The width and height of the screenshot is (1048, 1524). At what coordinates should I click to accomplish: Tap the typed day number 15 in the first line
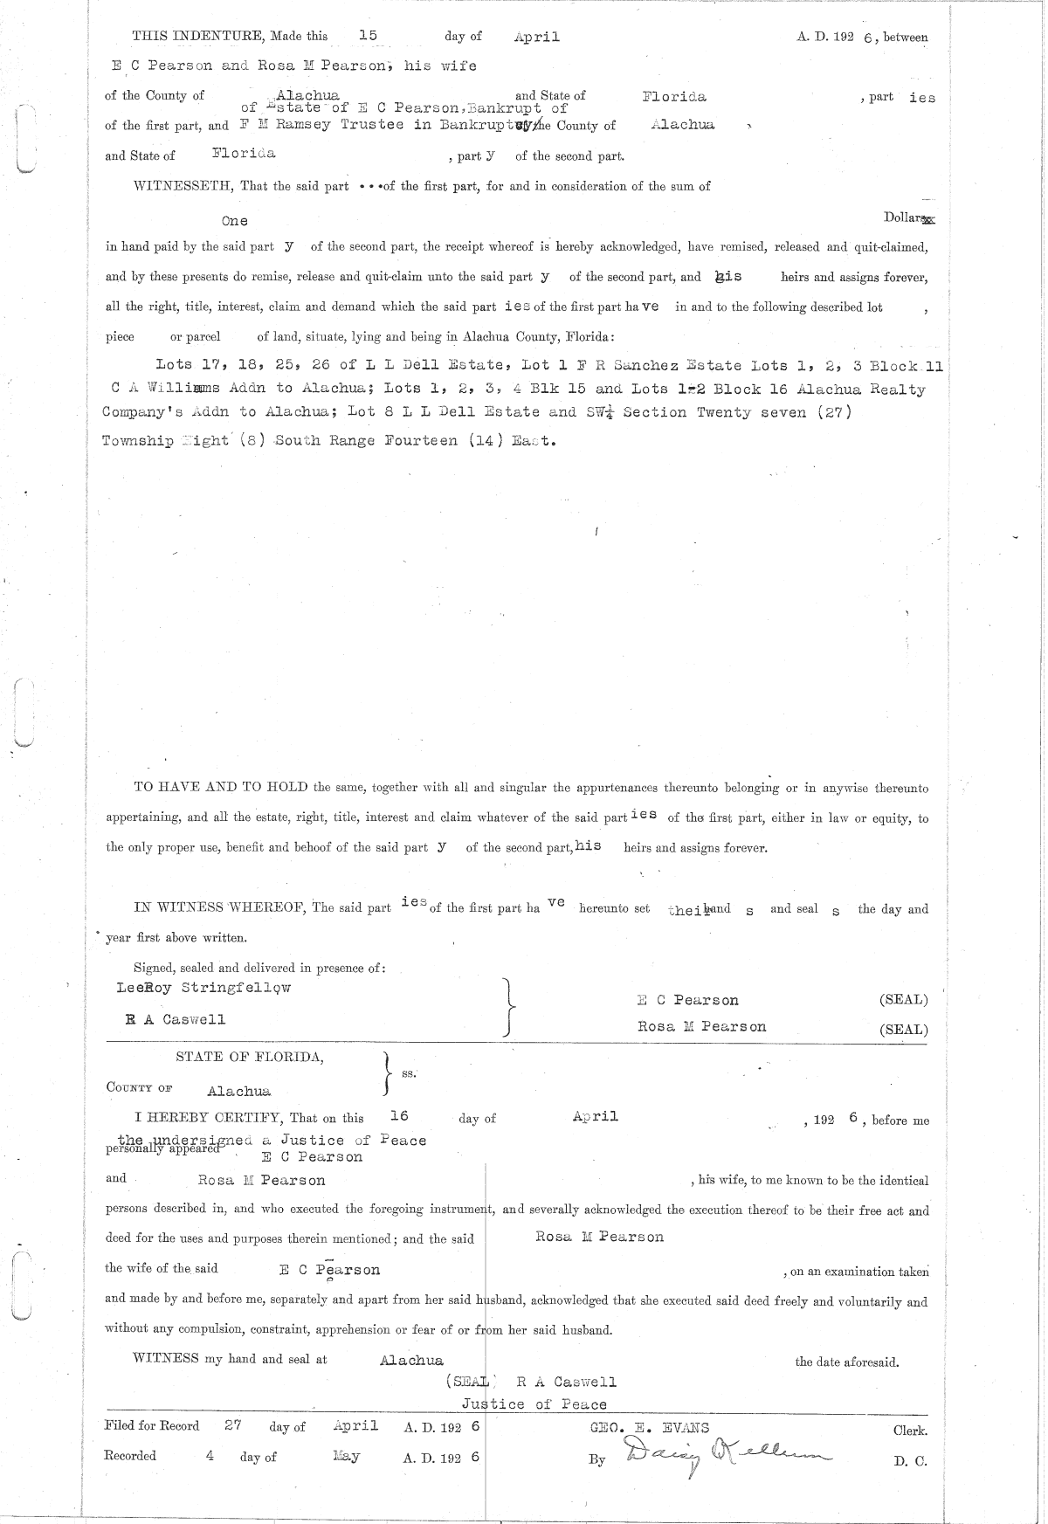pyautogui.click(x=368, y=36)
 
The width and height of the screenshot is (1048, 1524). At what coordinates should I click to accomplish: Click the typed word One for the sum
pyautogui.click(x=234, y=221)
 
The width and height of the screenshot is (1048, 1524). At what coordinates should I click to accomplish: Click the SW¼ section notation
pyautogui.click(x=596, y=412)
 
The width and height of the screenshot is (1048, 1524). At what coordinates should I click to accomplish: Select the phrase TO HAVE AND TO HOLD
pyautogui.click(x=220, y=787)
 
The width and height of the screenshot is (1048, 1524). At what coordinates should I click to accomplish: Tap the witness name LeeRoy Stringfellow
pyautogui.click(x=203, y=988)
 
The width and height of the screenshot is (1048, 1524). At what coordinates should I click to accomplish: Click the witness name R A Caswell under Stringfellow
pyautogui.click(x=176, y=1019)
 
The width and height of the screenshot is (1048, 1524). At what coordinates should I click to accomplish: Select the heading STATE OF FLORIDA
pyautogui.click(x=250, y=1057)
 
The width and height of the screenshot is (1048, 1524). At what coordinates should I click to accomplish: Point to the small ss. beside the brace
pyautogui.click(x=408, y=1073)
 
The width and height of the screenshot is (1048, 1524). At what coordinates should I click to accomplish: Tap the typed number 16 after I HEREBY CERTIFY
pyautogui.click(x=399, y=1116)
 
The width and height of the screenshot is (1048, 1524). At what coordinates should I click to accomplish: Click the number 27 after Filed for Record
pyautogui.click(x=232, y=1425)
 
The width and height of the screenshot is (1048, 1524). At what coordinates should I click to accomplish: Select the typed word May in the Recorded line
pyautogui.click(x=347, y=1457)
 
